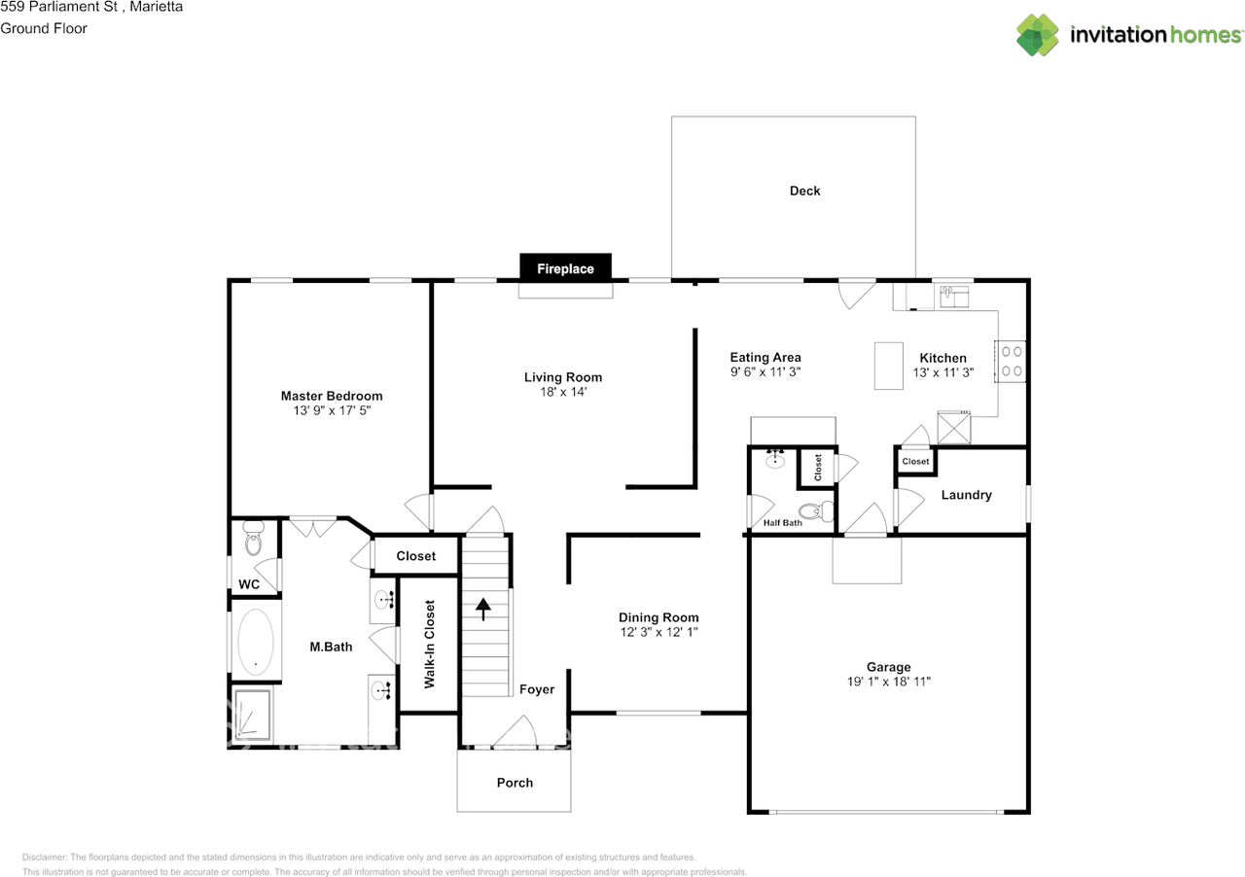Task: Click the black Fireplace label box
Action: [x=565, y=268]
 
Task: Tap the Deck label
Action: [x=804, y=191]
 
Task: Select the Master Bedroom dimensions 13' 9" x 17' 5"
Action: [x=332, y=411]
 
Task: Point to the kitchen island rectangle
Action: [x=888, y=366]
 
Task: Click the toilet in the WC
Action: [x=254, y=538]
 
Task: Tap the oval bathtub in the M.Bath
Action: [x=256, y=642]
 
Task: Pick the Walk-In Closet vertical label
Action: [x=429, y=644]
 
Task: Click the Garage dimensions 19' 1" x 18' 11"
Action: [x=889, y=682]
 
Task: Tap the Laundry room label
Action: [x=966, y=495]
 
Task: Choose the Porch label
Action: [x=515, y=782]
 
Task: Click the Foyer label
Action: [x=536, y=689]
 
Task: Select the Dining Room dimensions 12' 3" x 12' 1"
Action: [x=658, y=632]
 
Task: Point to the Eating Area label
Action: [x=765, y=357]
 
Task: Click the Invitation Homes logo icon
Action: [x=1038, y=35]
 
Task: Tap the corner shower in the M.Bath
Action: [x=251, y=717]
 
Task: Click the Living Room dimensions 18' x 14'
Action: [x=563, y=392]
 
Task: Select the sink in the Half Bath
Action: [x=775, y=459]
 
